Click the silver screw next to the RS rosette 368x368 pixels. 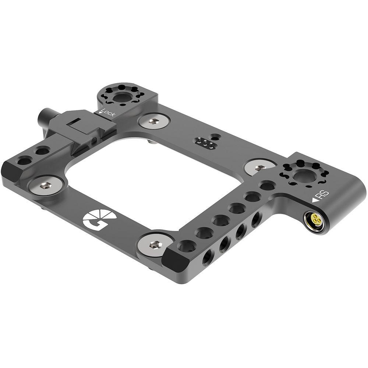[260, 167]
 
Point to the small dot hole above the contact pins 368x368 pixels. [212, 135]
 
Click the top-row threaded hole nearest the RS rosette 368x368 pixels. [268, 185]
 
